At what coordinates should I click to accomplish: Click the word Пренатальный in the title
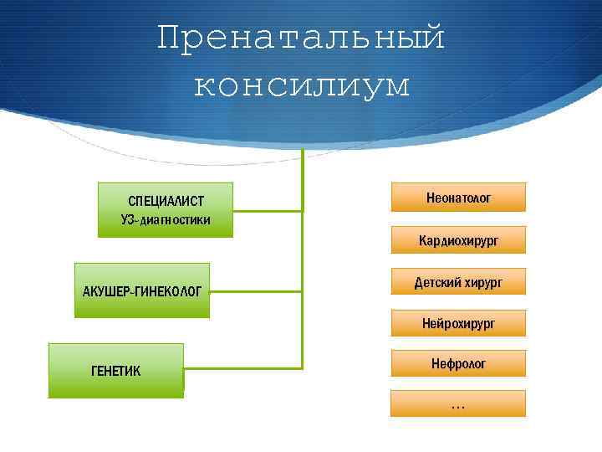(301, 38)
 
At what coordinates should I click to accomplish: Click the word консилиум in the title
(301, 85)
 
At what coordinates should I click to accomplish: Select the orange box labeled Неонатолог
(458, 198)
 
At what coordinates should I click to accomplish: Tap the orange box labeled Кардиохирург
(458, 240)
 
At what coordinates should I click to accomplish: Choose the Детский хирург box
(458, 282)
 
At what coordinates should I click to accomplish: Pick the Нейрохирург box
(458, 322)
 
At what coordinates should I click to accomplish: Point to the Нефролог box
(458, 363)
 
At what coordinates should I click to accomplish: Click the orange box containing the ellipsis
(458, 403)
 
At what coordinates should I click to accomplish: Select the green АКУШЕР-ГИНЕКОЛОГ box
(142, 290)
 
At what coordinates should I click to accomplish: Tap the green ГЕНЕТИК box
(115, 370)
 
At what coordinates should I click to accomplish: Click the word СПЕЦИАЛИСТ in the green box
(166, 202)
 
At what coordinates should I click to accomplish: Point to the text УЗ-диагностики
(166, 220)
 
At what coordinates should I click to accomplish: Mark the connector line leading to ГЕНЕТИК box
(242, 367)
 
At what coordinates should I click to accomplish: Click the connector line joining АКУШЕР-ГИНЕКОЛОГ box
(256, 290)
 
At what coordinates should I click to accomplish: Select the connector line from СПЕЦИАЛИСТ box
(268, 208)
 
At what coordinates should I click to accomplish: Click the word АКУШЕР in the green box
(105, 291)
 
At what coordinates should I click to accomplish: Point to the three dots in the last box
(458, 406)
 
